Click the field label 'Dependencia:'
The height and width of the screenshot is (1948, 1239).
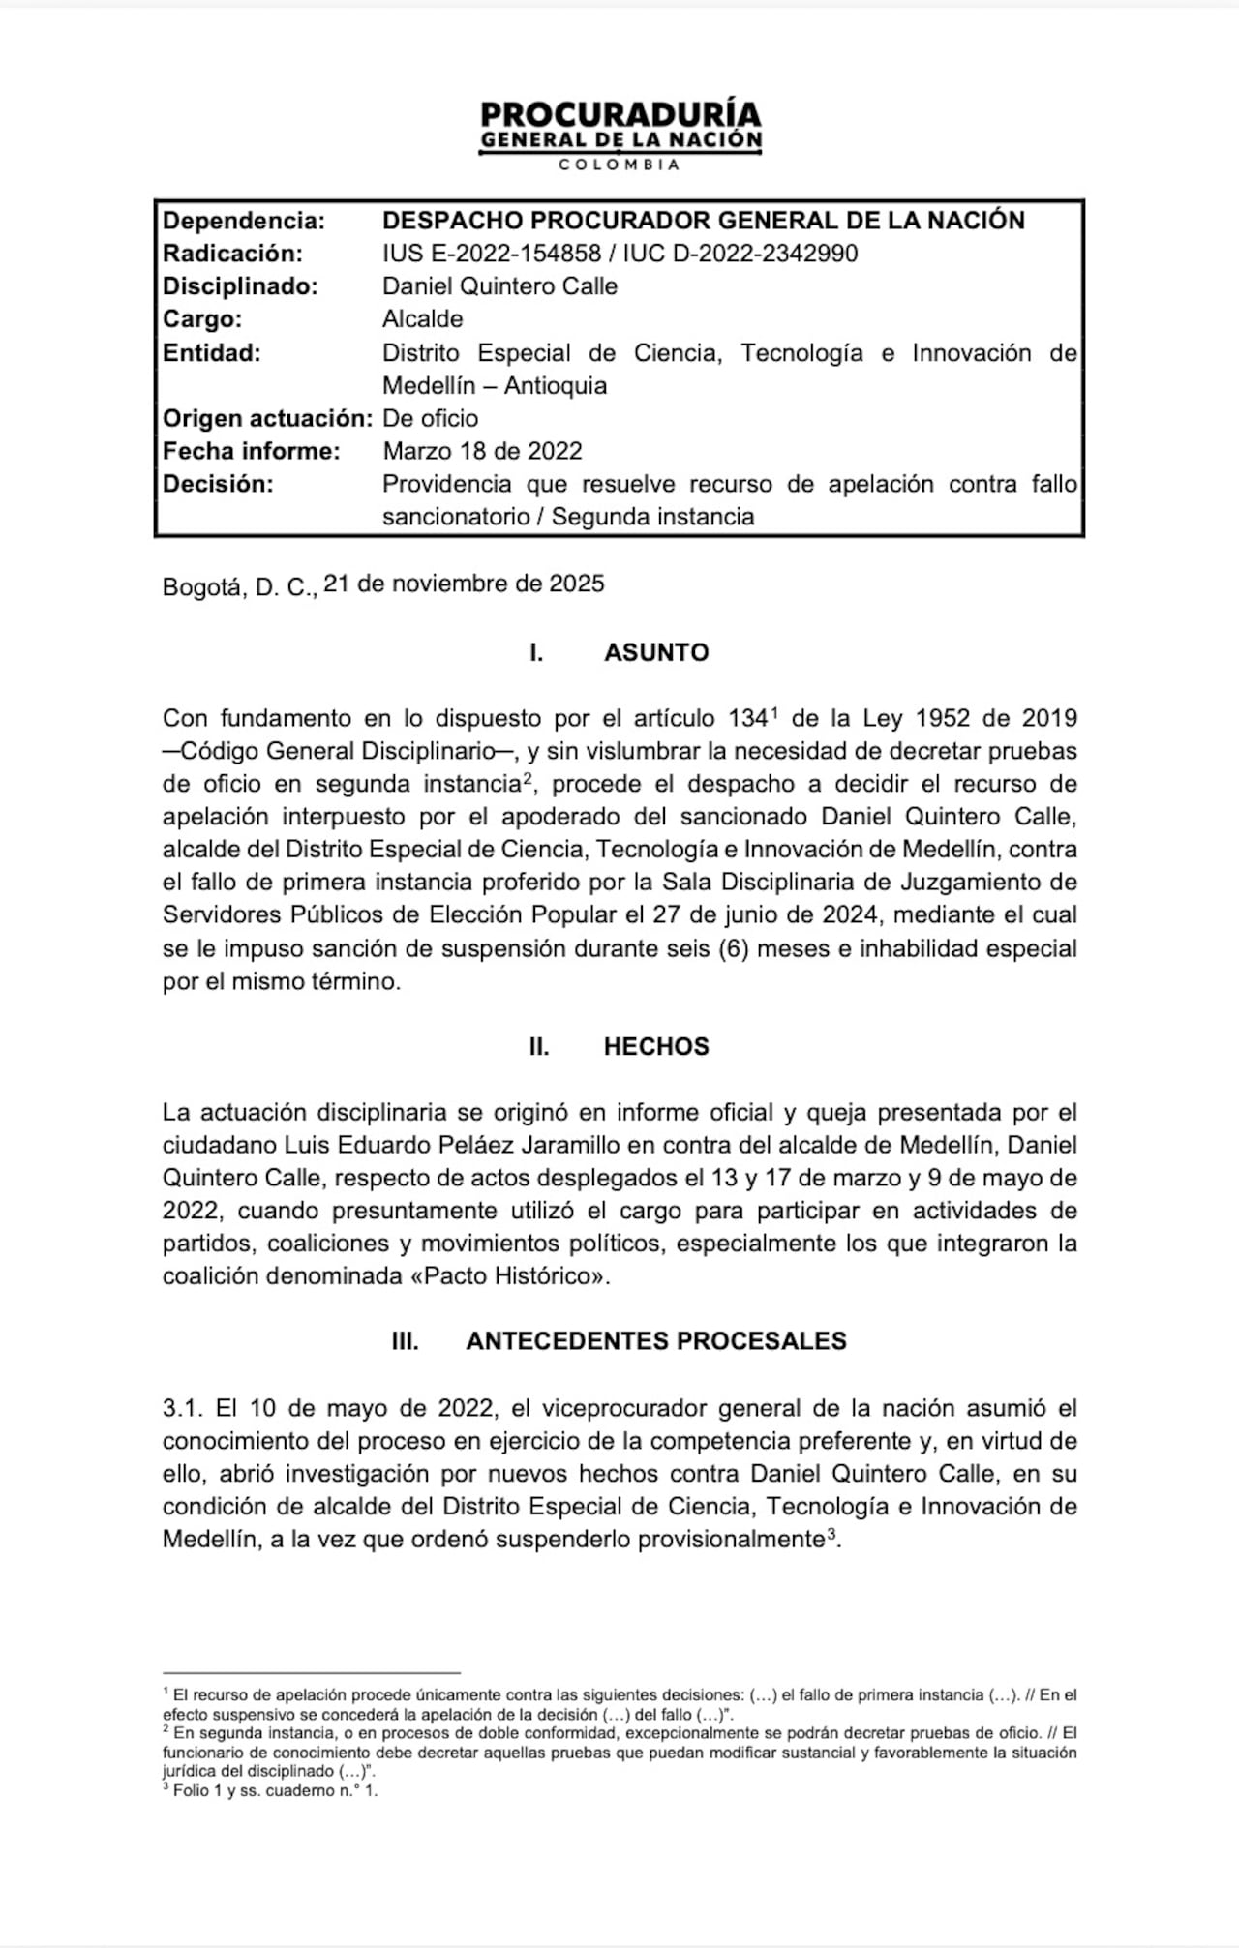pyautogui.click(x=243, y=221)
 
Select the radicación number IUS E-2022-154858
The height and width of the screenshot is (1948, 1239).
pyautogui.click(x=492, y=254)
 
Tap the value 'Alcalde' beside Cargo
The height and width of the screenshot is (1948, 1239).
pyautogui.click(x=422, y=319)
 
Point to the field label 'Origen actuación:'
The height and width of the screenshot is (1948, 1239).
pyautogui.click(x=267, y=418)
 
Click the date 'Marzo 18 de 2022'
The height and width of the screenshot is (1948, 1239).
pyautogui.click(x=482, y=451)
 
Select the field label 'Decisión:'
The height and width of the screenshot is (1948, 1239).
pyautogui.click(x=218, y=484)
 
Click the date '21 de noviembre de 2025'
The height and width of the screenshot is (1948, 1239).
pyautogui.click(x=464, y=584)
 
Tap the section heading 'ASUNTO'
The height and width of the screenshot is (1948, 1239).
pyautogui.click(x=656, y=652)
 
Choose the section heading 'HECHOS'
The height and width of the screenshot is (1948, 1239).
pyautogui.click(x=656, y=1046)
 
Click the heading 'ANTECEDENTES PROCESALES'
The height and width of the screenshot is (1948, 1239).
pyautogui.click(x=656, y=1340)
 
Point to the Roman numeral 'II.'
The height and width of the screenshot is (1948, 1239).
pyautogui.click(x=539, y=1046)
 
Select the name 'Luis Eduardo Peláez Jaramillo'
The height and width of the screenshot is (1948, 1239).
pyautogui.click(x=451, y=1145)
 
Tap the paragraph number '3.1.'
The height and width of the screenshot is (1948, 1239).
pyautogui.click(x=182, y=1408)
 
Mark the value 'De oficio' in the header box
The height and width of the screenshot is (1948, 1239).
pyautogui.click(x=430, y=418)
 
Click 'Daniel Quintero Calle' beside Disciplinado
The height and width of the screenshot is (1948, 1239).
pyautogui.click(x=499, y=286)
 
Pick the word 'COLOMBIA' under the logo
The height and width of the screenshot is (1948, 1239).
pyautogui.click(x=620, y=165)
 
